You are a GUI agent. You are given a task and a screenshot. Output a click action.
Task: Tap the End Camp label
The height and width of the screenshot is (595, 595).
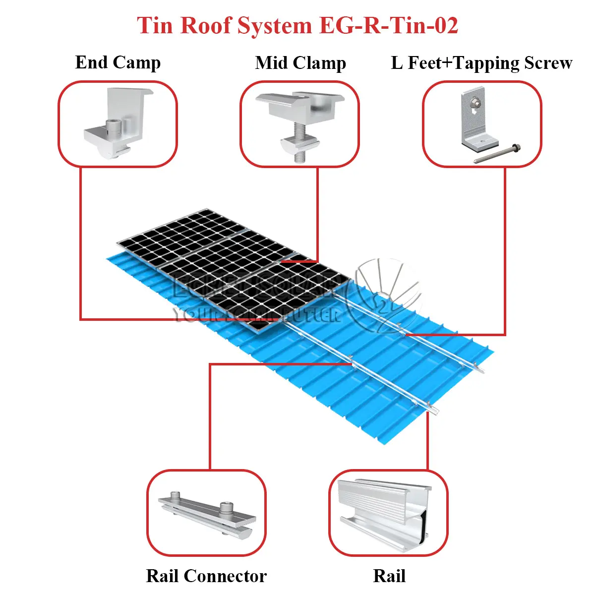[118, 62]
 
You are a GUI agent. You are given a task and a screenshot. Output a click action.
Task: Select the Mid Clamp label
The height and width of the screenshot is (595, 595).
[300, 63]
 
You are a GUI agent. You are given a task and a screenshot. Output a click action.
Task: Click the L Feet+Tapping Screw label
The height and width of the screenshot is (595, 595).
[481, 63]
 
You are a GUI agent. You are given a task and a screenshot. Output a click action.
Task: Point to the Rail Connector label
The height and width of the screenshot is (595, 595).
[206, 576]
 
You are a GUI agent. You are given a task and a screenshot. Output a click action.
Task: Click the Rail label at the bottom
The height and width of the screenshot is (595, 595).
[389, 576]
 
